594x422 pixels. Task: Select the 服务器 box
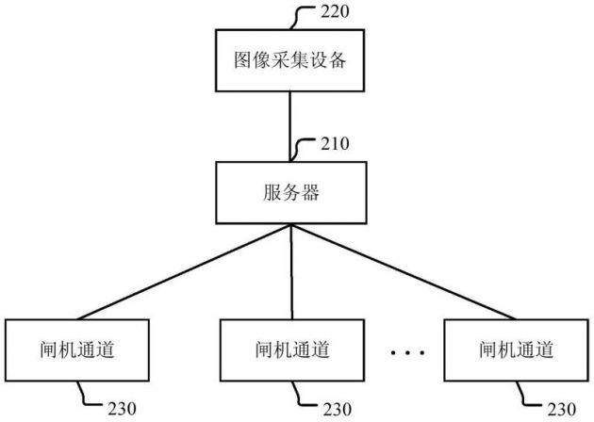pyautogui.click(x=291, y=194)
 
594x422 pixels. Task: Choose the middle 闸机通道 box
pyautogui.click(x=291, y=350)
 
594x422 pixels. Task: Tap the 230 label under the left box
pyautogui.click(x=122, y=409)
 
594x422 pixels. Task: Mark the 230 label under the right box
pyautogui.click(x=562, y=409)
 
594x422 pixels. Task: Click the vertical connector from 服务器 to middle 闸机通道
pyautogui.click(x=291, y=273)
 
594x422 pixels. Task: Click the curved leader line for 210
pyautogui.click(x=305, y=149)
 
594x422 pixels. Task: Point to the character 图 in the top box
pyautogui.click(x=241, y=61)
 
